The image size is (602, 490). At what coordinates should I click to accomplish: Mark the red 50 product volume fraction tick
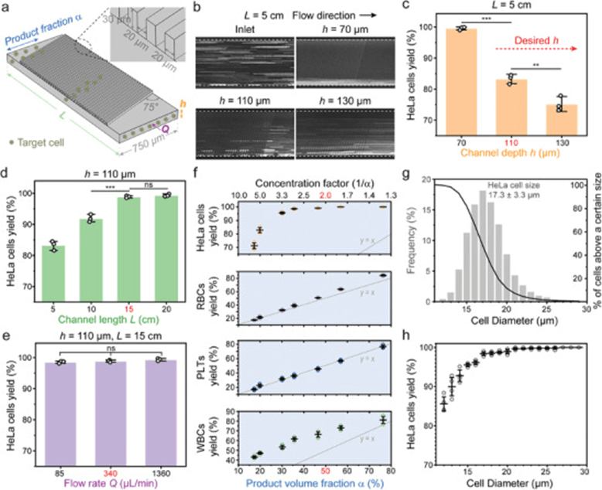point(328,471)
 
